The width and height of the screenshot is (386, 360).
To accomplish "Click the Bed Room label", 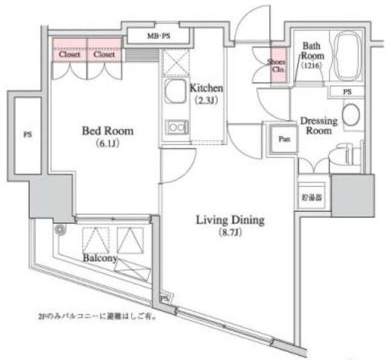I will pos(108,131).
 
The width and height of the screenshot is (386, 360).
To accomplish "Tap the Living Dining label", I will pos(230,220).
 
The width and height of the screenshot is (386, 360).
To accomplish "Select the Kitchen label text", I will pos(207,88).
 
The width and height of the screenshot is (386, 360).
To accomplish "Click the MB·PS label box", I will pos(159,36).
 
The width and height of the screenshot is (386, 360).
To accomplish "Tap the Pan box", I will pos(283,139).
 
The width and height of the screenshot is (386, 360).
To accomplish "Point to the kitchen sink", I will pos(176,92).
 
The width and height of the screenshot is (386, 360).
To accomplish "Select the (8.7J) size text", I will pos(230,233).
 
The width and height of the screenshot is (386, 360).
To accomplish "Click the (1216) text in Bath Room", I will pos(313,65).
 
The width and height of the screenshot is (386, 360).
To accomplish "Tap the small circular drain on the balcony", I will pos(60,230).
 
